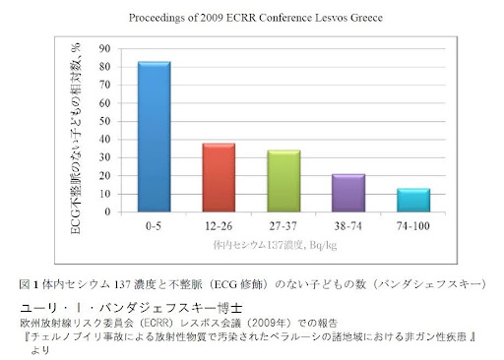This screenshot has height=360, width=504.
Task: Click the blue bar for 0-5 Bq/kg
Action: [155, 137]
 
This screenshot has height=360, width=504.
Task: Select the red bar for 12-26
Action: [219, 177]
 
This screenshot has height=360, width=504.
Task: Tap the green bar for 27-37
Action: [283, 181]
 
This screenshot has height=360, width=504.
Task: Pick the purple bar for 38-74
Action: [348, 193]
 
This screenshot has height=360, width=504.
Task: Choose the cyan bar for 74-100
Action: [413, 200]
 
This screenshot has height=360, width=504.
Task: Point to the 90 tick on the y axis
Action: [104, 49]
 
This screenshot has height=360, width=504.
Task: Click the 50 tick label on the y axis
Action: [104, 121]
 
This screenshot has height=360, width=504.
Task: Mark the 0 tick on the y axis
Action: [107, 212]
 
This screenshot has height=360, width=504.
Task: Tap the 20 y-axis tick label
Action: [104, 176]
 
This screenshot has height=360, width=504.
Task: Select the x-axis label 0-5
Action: [154, 226]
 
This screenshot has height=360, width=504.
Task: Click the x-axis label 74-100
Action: [413, 226]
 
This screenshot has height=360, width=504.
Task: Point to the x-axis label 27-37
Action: [283, 226]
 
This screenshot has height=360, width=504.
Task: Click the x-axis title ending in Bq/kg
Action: [275, 245]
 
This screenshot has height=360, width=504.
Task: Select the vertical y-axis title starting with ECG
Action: [76, 139]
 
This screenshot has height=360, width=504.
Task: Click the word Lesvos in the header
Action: [331, 18]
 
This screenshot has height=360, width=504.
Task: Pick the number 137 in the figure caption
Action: [123, 284]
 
